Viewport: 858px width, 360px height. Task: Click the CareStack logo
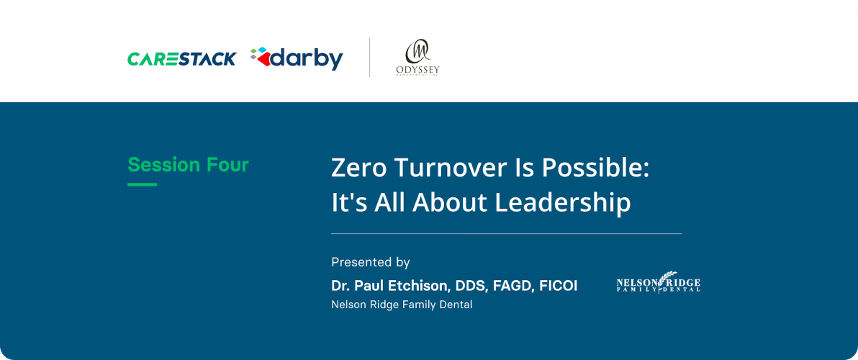pyautogui.click(x=181, y=58)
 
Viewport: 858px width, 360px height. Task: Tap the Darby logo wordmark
pyautogui.click(x=307, y=58)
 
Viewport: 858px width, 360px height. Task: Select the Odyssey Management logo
pyautogui.click(x=417, y=58)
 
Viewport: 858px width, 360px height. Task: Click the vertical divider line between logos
pyautogui.click(x=370, y=58)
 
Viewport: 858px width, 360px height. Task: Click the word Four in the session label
pyautogui.click(x=227, y=165)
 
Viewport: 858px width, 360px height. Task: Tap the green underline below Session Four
pyautogui.click(x=142, y=185)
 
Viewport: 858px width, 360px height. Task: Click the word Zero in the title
pyautogui.click(x=357, y=168)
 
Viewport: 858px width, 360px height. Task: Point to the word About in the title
pyautogui.click(x=451, y=203)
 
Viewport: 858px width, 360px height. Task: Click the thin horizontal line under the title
pyautogui.click(x=506, y=234)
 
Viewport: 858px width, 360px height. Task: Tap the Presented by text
pyautogui.click(x=370, y=262)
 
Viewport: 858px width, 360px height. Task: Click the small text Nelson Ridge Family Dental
pyautogui.click(x=402, y=305)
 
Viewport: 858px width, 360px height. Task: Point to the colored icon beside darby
pyautogui.click(x=261, y=57)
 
